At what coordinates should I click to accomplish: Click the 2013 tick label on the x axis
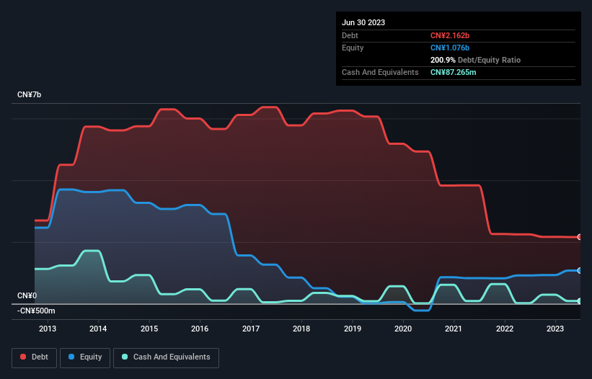48,329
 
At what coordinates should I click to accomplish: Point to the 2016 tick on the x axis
200,329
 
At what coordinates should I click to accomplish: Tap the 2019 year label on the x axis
352,329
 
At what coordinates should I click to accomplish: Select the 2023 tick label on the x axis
555,329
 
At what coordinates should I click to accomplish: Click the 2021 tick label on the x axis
454,329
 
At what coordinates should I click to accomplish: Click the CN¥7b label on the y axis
30,95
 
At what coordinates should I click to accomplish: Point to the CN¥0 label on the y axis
27,296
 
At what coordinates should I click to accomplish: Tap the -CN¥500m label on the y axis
37,311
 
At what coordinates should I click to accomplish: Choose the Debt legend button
35,357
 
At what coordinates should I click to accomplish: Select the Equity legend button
85,357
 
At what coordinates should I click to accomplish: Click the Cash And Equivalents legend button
166,357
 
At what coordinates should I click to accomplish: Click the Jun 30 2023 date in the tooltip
363,22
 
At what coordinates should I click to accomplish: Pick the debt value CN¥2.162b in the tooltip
450,35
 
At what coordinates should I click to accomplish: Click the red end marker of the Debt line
579,237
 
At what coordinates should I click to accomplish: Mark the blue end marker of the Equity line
579,270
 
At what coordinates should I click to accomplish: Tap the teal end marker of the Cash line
579,301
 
